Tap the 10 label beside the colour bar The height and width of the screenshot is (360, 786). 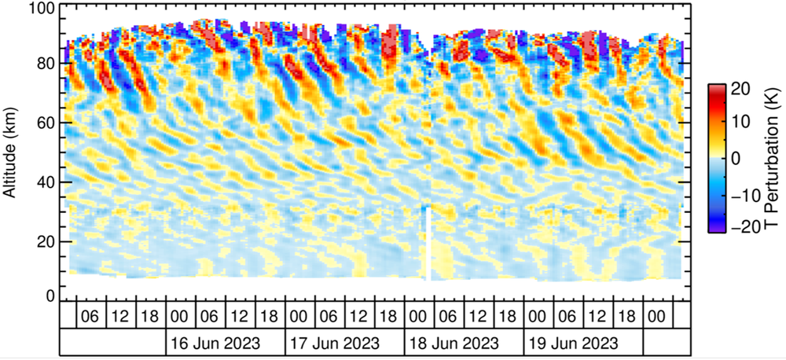pos(741,121)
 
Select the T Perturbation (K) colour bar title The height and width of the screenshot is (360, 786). pos(769,157)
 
